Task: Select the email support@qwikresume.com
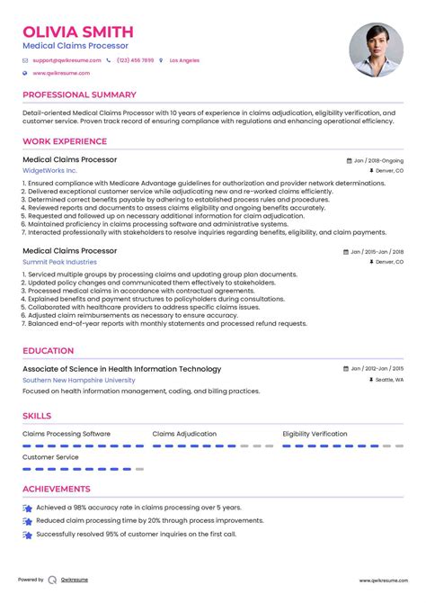point(66,60)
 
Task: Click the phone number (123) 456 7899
point(134,60)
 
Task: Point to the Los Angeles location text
point(185,60)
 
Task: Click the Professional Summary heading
point(79,94)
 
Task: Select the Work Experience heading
point(64,141)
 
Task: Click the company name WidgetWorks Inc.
point(49,170)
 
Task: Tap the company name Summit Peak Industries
point(60,261)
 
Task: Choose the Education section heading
point(49,351)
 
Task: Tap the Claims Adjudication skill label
point(184,434)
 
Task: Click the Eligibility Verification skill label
point(315,434)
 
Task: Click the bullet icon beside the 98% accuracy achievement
point(28,508)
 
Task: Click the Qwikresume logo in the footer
point(54,580)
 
